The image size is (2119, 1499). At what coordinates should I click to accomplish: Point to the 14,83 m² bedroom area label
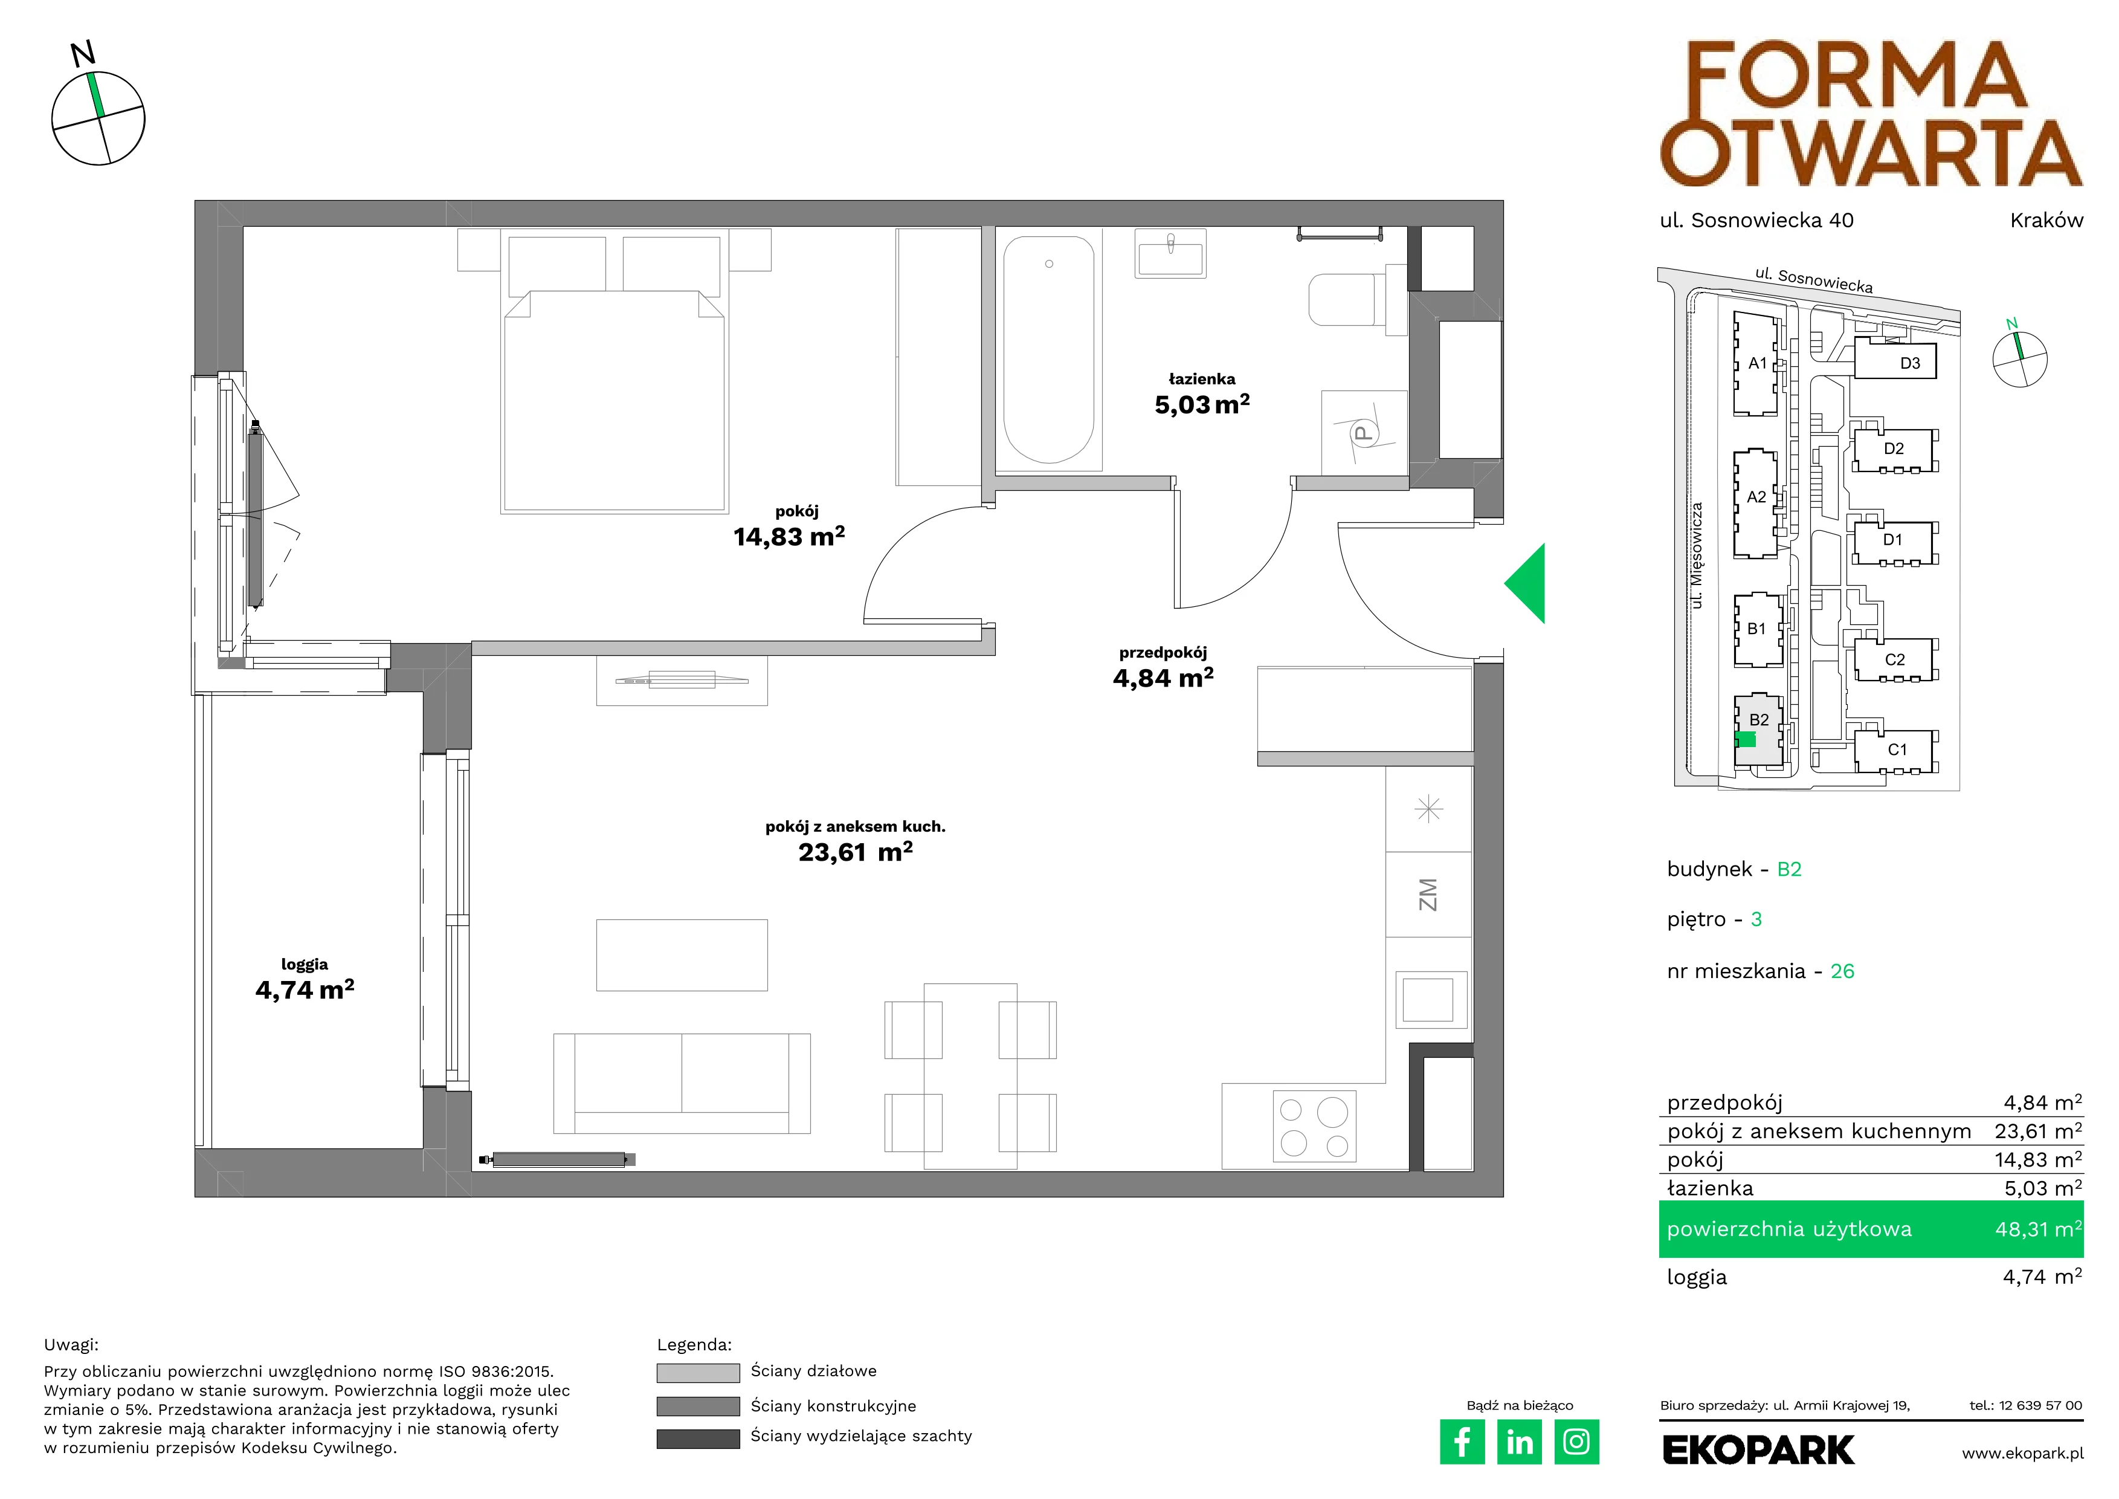click(789, 536)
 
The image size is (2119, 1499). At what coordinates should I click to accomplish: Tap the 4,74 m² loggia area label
click(305, 989)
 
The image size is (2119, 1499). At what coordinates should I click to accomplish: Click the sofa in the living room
click(682, 1083)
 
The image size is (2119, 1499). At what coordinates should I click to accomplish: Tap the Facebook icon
click(1462, 1442)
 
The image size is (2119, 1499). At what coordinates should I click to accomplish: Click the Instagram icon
click(1576, 1442)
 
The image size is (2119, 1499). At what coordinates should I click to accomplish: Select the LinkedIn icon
click(1519, 1442)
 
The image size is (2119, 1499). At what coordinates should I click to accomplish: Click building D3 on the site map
click(1895, 360)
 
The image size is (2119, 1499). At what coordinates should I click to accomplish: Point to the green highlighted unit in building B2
click(1745, 739)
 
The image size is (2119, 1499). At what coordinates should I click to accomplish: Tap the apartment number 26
click(1842, 971)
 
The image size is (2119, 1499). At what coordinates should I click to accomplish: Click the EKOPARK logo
click(1758, 1450)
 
